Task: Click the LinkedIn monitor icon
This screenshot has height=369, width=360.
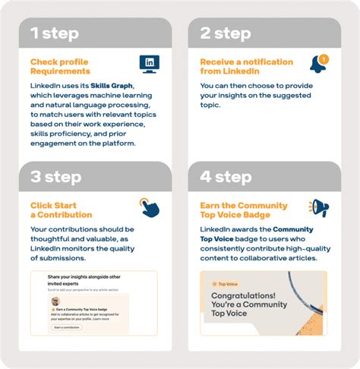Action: click(x=150, y=63)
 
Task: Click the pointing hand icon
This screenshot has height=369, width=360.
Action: click(x=149, y=207)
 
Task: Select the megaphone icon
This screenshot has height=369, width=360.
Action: click(x=319, y=207)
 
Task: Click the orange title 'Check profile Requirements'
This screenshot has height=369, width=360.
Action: click(x=61, y=67)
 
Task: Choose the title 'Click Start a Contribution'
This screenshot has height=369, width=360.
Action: click(x=60, y=210)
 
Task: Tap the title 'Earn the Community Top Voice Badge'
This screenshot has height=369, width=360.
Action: click(x=244, y=210)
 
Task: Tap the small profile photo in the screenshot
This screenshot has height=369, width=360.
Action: click(x=55, y=302)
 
